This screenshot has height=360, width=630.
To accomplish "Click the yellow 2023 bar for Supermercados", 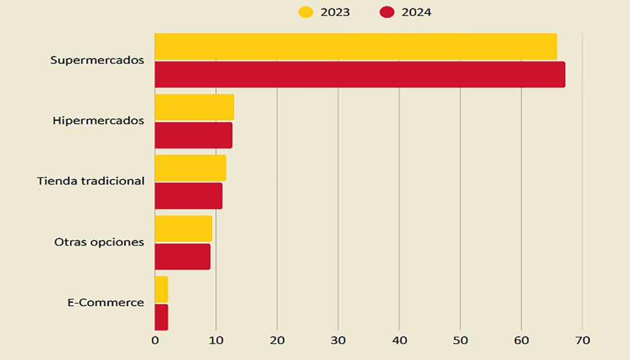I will (355, 47).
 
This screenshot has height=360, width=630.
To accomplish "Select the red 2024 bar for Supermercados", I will (360, 75).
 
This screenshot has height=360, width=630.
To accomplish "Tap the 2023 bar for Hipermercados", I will (194, 107).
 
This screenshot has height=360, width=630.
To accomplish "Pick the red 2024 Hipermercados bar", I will (194, 135).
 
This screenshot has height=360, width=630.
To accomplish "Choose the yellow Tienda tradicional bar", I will (190, 168).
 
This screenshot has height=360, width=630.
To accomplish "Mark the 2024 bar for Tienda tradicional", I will (188, 195).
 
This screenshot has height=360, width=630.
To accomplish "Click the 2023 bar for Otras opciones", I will (183, 228).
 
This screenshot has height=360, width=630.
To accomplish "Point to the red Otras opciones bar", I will (183, 256).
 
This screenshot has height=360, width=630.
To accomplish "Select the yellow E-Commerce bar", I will (161, 289).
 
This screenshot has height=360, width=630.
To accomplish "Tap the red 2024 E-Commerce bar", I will (161, 317).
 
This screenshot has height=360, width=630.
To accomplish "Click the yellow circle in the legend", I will (306, 12).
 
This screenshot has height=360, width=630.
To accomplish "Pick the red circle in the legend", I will (387, 12).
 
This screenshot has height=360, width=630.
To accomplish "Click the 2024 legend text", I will (416, 12).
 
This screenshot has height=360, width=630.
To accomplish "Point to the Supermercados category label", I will (97, 60).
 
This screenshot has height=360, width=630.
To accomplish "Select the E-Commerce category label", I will (105, 303).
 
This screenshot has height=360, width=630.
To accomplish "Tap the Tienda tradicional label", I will (91, 181).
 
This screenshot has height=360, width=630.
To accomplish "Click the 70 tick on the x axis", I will (582, 341).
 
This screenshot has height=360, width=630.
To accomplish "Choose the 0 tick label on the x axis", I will (155, 341).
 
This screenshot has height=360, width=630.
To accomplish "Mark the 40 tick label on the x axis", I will (399, 341).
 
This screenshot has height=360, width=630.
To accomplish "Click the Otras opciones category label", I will (99, 242).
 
